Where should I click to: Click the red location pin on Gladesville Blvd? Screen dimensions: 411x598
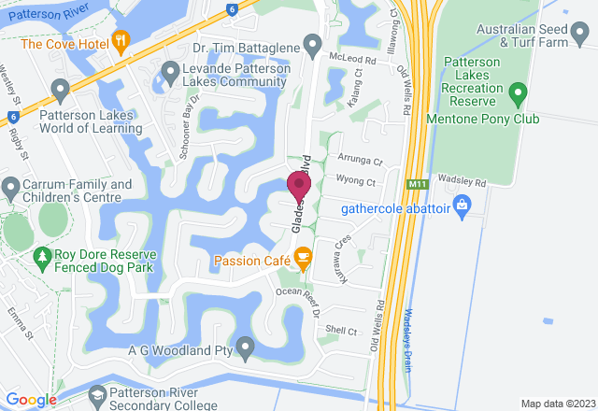tap(299, 186)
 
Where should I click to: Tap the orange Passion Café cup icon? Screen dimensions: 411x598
tap(302, 256)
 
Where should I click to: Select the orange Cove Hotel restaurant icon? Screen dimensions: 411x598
tap(121, 41)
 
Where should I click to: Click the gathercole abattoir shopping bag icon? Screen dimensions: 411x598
tap(462, 203)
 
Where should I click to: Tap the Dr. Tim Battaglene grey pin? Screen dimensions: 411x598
tap(312, 44)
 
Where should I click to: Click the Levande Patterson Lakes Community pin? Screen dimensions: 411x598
tap(170, 70)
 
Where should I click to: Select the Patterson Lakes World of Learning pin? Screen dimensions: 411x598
tap(62, 91)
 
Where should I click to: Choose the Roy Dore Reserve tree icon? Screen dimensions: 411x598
tap(42, 255)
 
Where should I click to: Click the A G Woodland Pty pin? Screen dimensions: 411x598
tap(245, 348)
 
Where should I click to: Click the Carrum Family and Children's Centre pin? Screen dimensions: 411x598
tap(10, 191)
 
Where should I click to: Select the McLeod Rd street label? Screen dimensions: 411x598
tap(351, 58)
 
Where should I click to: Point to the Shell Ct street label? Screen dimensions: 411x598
tap(341, 331)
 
